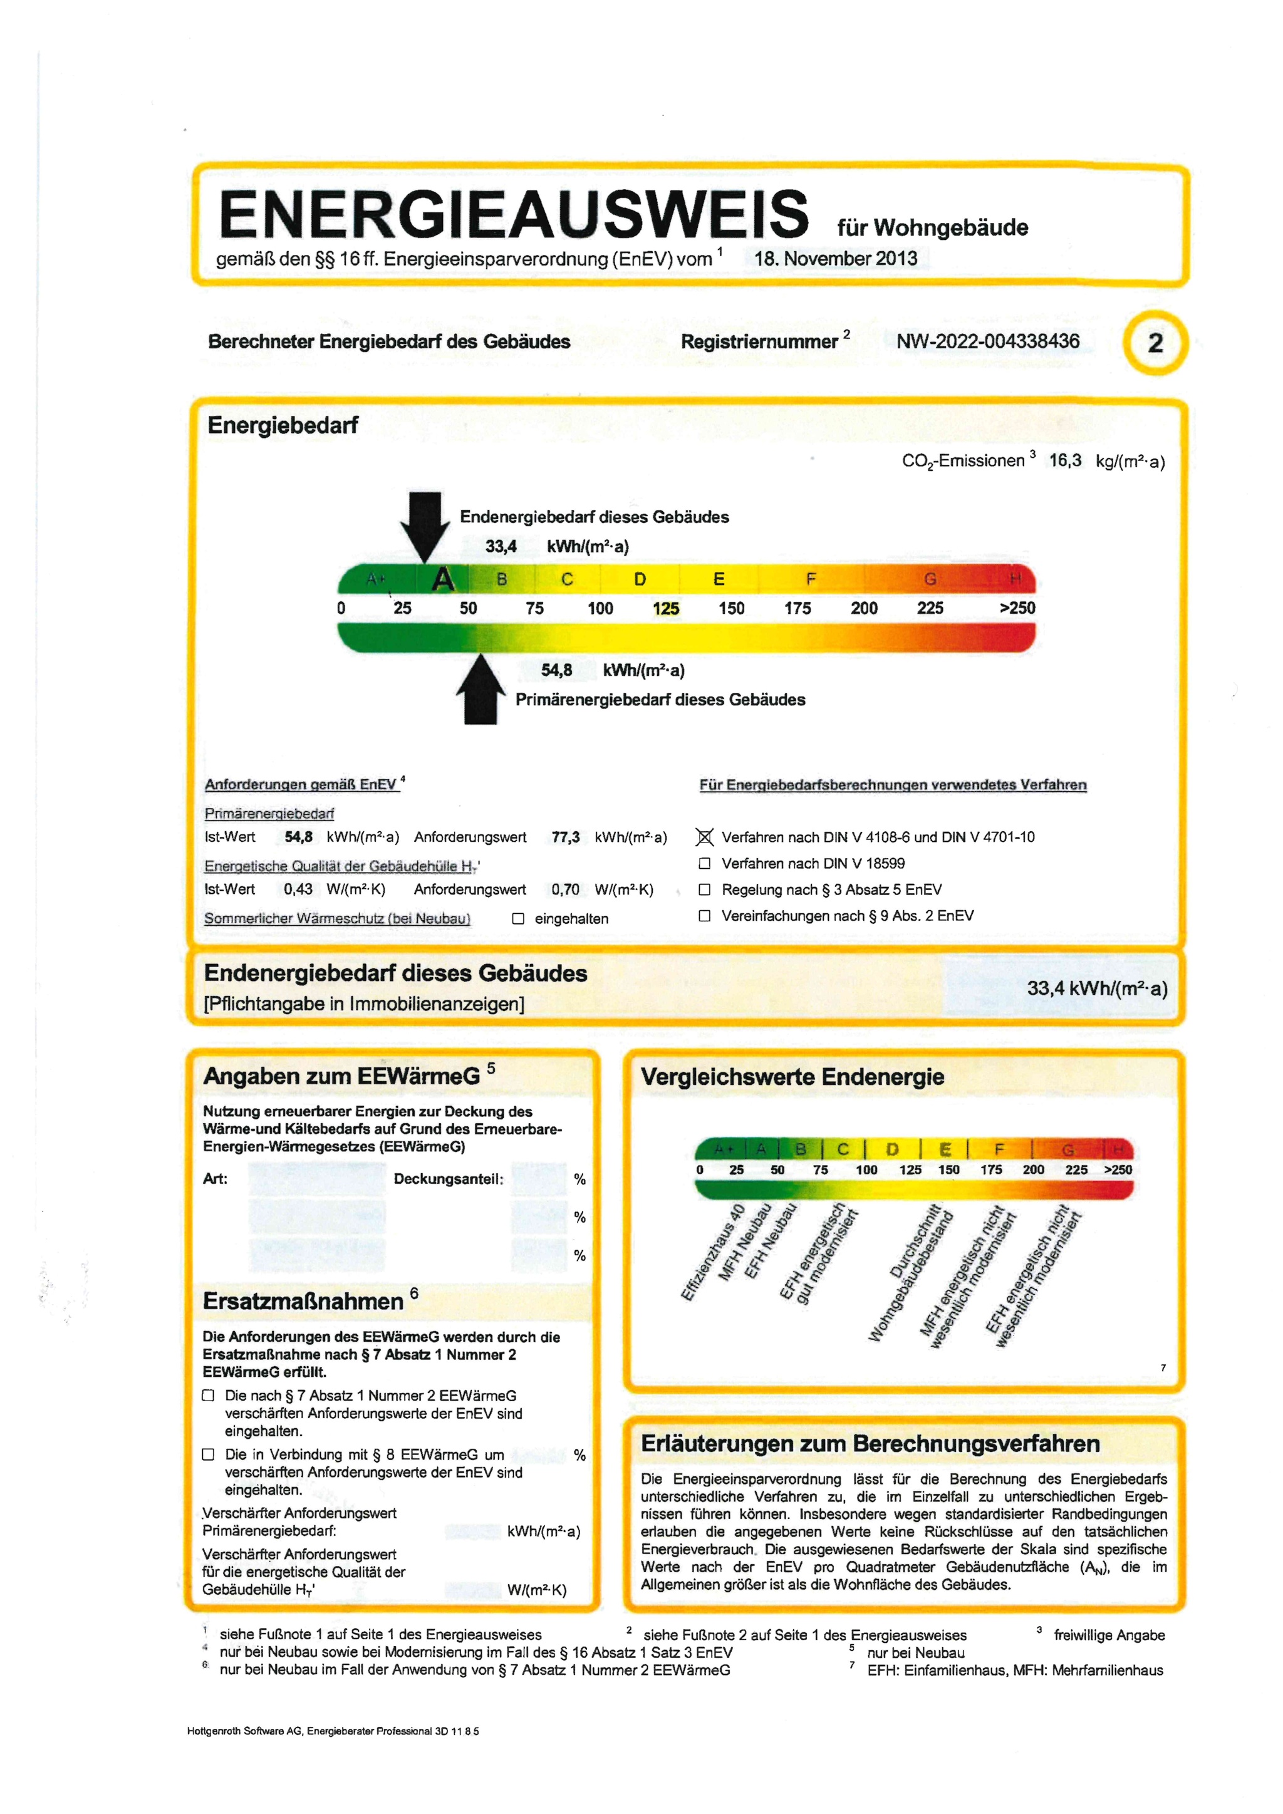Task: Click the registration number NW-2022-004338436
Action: click(x=987, y=341)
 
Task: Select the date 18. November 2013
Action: click(x=835, y=258)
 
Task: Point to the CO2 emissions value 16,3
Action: click(x=1065, y=460)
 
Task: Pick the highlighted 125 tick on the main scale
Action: click(x=666, y=608)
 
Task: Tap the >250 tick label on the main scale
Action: click(x=1017, y=608)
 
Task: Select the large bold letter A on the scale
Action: click(x=443, y=580)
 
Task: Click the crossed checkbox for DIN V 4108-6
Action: click(x=705, y=837)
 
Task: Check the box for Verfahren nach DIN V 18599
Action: click(x=705, y=864)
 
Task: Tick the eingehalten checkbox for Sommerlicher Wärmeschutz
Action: click(x=518, y=918)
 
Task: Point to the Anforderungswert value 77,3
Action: click(x=566, y=837)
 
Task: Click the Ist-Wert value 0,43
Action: click(x=298, y=889)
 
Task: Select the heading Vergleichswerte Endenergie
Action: click(x=792, y=1077)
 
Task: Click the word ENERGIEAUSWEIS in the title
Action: click(x=514, y=214)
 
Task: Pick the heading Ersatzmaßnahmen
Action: click(x=303, y=1301)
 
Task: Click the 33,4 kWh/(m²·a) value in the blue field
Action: click(x=1096, y=988)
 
